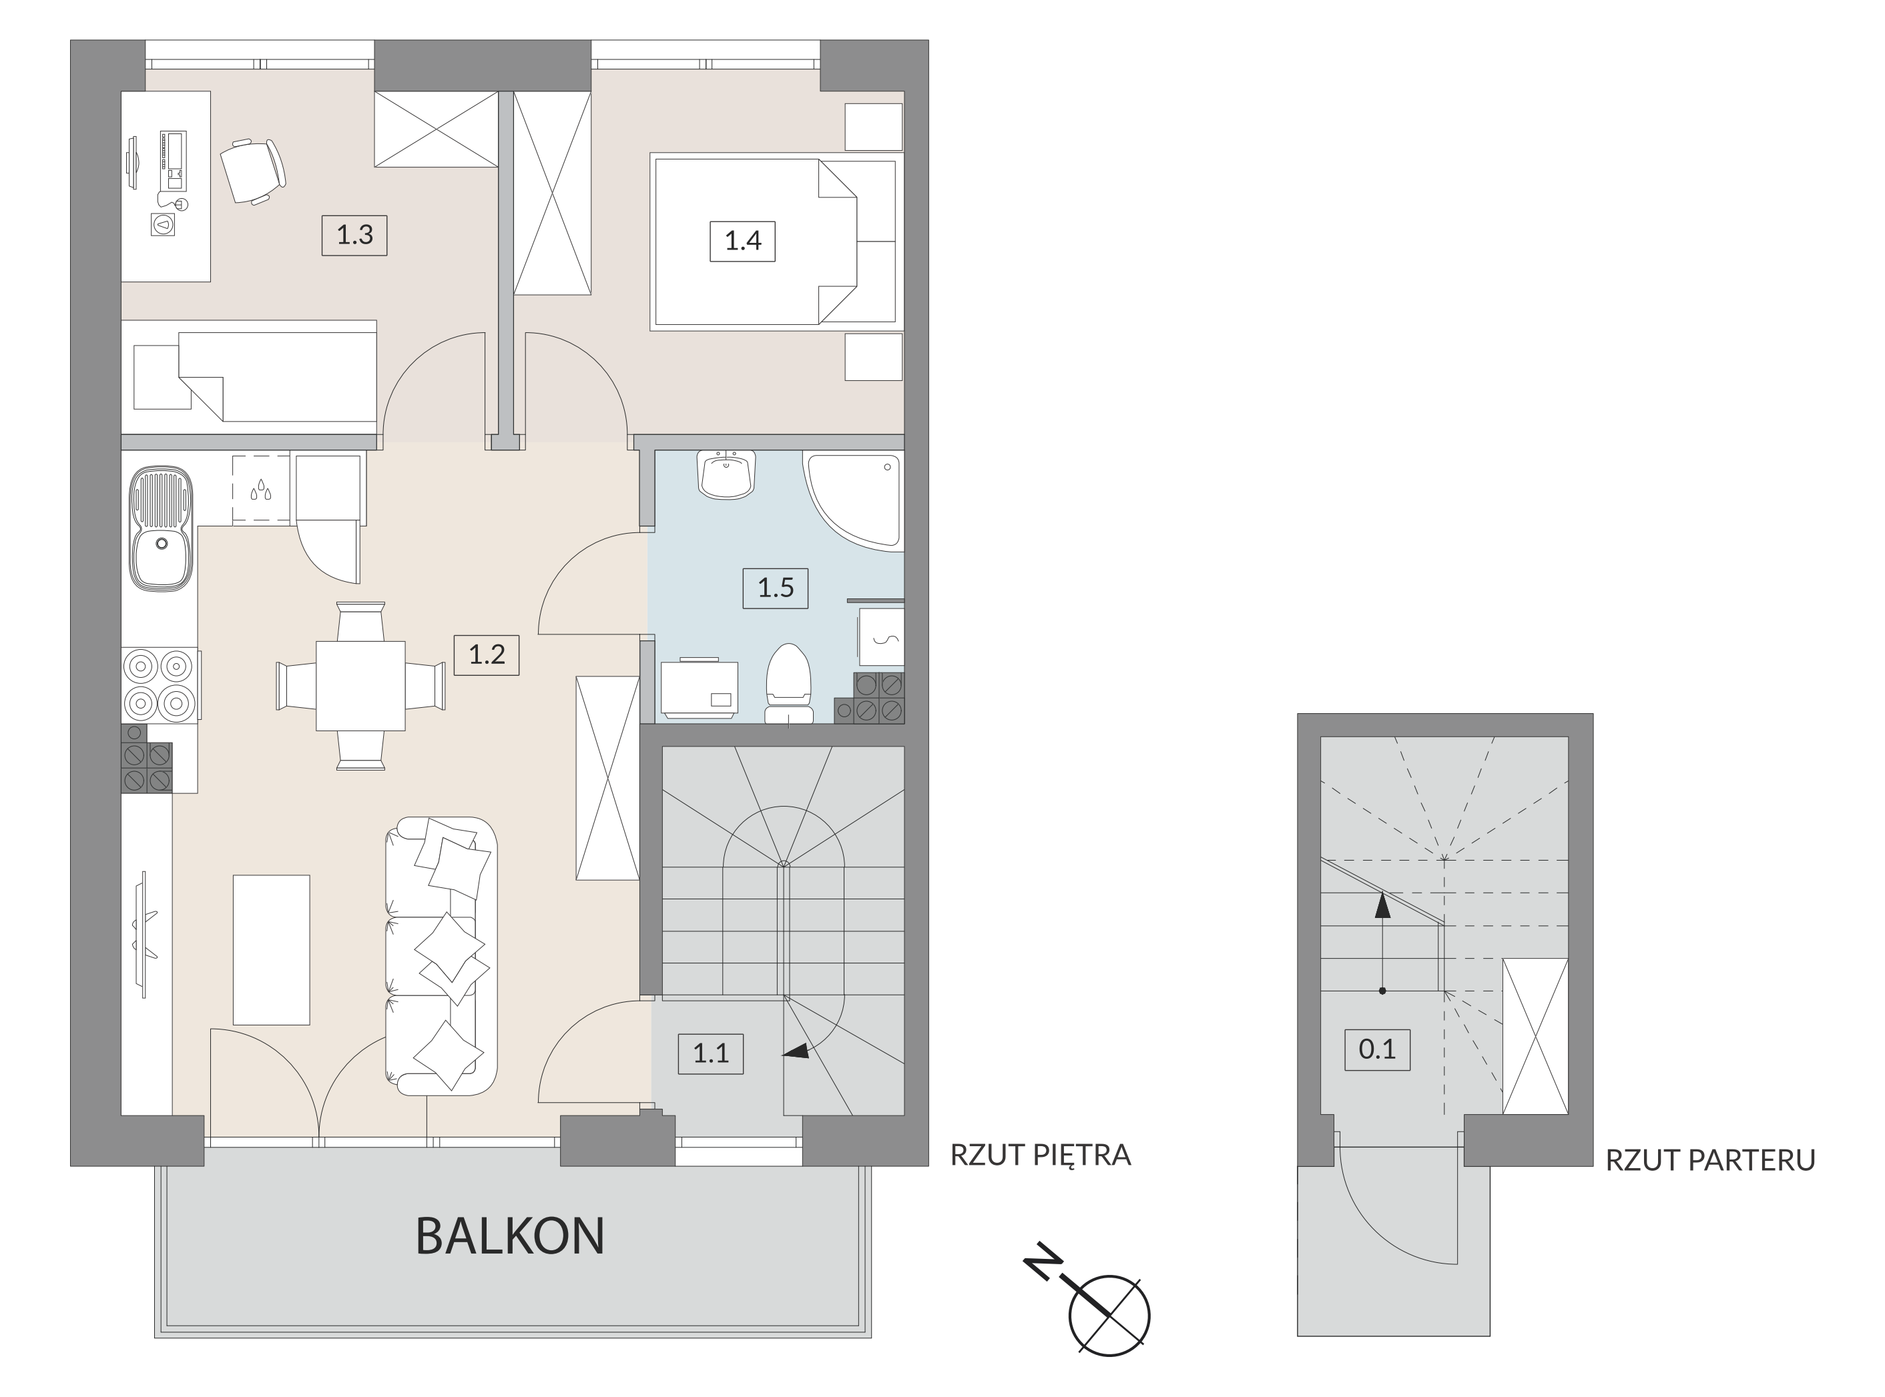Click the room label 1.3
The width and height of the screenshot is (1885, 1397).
[354, 234]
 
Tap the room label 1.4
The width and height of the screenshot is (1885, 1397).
[743, 241]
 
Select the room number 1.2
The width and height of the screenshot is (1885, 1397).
[487, 654]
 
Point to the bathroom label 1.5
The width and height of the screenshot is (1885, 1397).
[775, 588]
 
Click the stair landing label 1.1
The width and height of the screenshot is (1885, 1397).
[711, 1053]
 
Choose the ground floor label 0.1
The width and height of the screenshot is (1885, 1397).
[1377, 1050]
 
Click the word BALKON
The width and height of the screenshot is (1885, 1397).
[510, 1236]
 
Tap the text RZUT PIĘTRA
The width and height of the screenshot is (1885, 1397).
[1041, 1155]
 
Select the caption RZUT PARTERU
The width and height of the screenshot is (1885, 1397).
[1711, 1160]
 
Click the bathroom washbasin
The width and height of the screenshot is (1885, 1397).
[726, 474]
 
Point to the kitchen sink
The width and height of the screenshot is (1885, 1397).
[161, 528]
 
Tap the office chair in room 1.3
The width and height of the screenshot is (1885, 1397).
[253, 171]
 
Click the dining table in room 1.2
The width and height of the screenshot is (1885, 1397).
[360, 685]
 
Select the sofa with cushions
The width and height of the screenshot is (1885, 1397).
[441, 957]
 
